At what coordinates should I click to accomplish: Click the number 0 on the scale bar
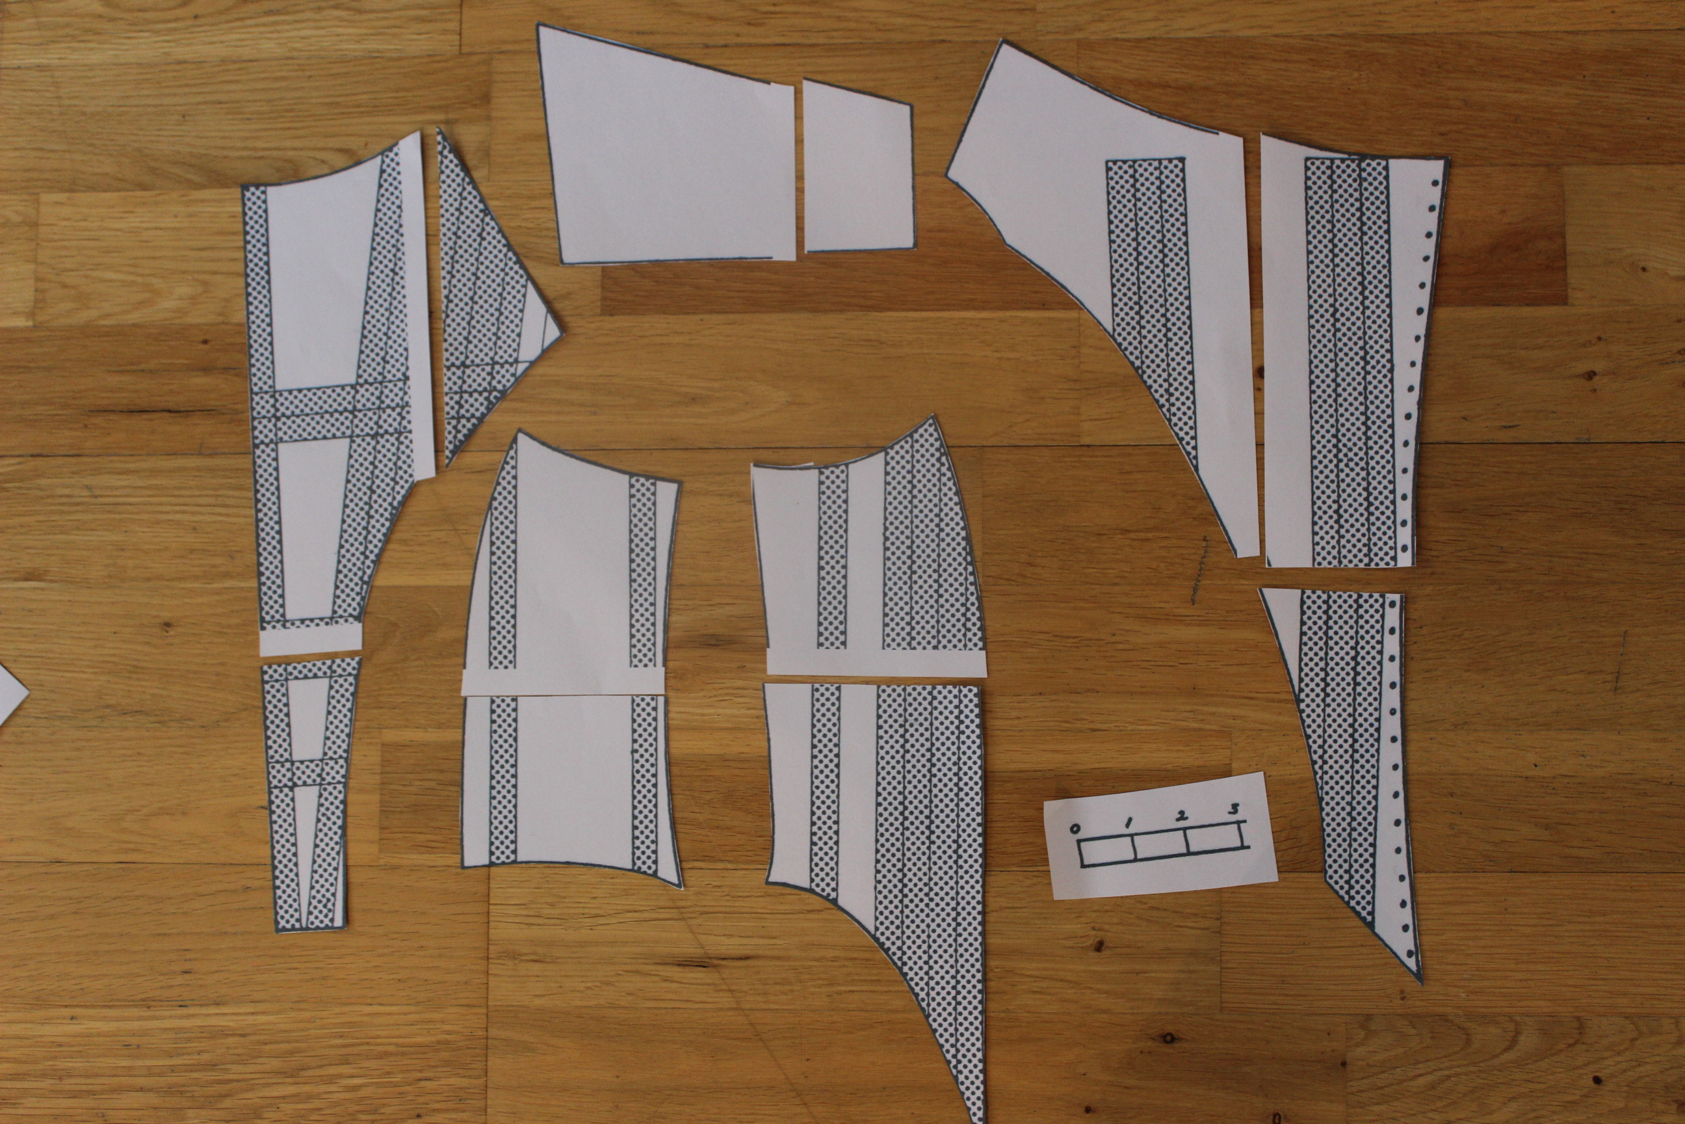point(1075,829)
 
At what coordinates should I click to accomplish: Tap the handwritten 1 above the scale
point(1129,822)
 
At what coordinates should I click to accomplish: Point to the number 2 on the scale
point(1181,816)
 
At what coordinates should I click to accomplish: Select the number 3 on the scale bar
point(1234,809)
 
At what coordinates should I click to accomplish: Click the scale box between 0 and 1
point(1106,851)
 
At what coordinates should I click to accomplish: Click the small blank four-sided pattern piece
point(858,166)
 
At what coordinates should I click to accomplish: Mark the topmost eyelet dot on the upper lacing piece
point(1434,183)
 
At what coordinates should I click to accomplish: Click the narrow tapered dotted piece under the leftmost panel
point(309,796)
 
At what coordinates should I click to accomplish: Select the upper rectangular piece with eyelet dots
point(1354,351)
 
